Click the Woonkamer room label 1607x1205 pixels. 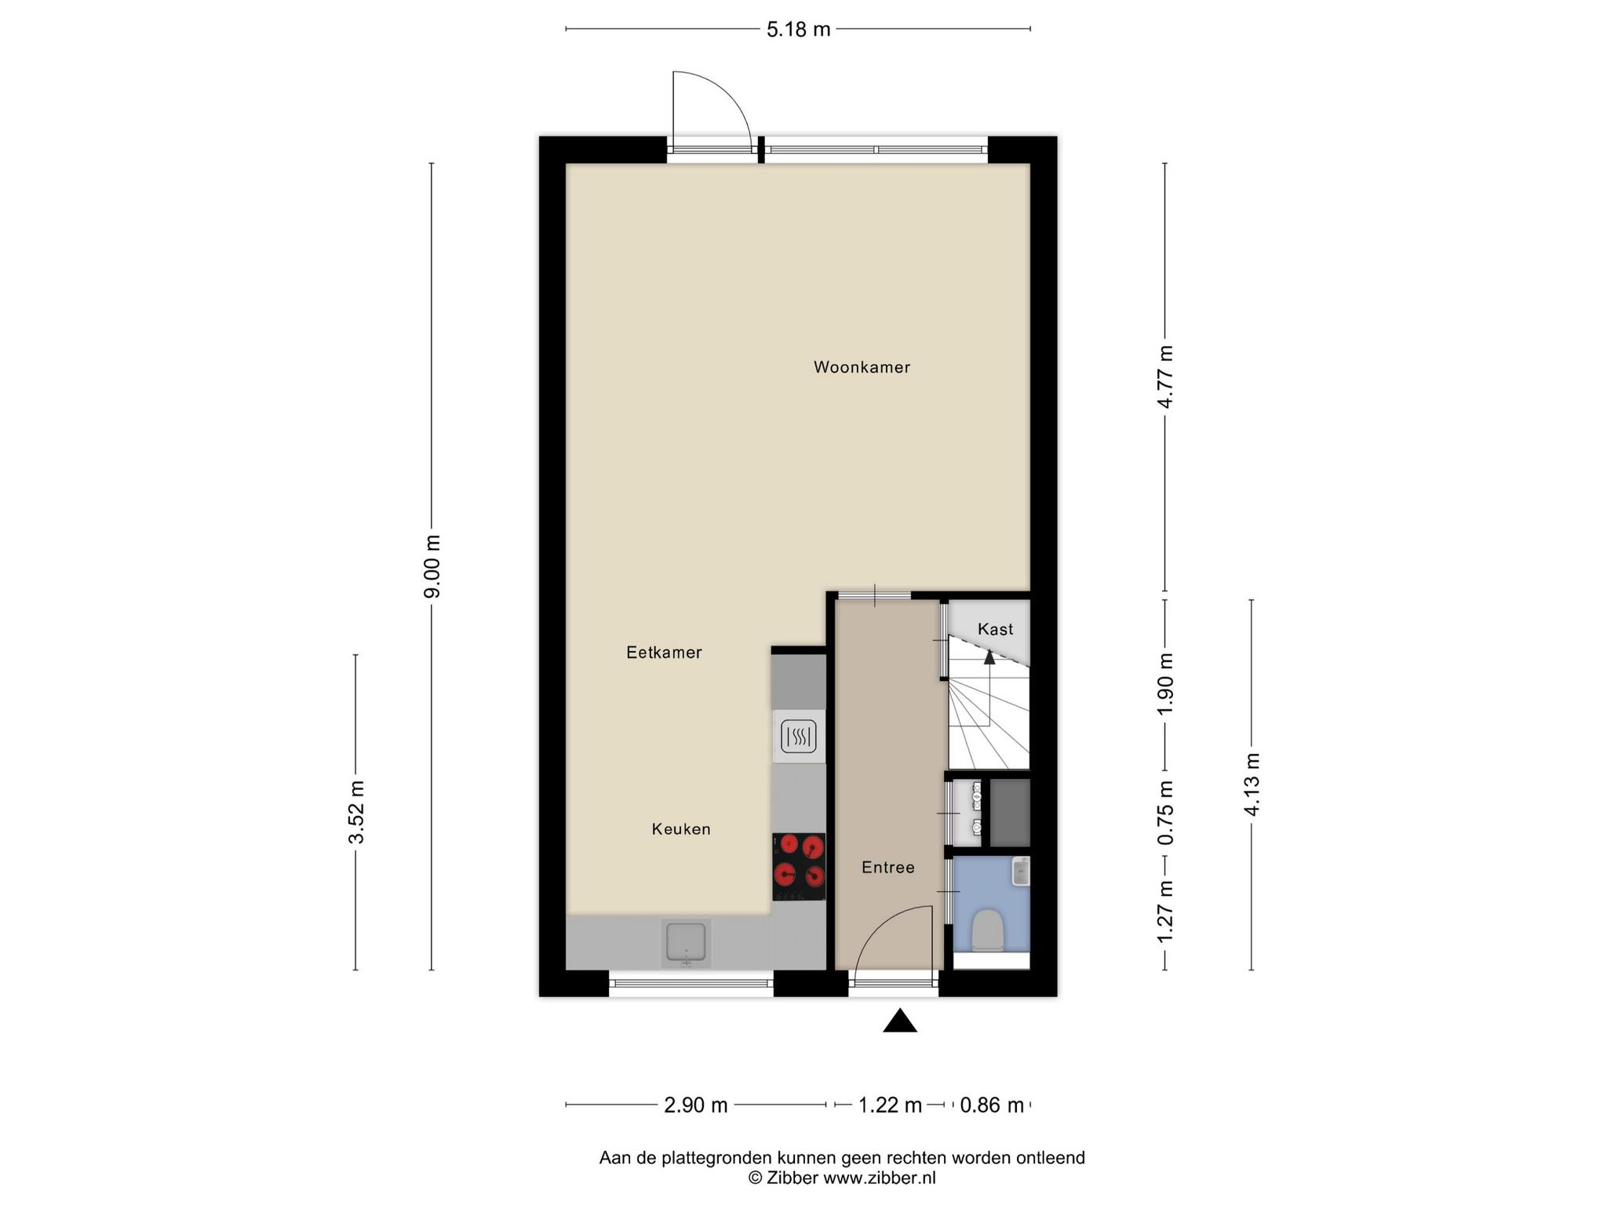tap(862, 367)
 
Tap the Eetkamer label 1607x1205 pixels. tap(664, 652)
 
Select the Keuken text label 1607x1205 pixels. tap(681, 828)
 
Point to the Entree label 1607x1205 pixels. tap(888, 867)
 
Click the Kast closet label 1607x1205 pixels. tap(995, 629)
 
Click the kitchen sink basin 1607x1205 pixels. tap(686, 943)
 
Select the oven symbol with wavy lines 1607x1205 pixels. tap(799, 737)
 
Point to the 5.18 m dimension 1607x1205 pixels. tap(798, 30)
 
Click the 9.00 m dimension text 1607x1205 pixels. tap(432, 566)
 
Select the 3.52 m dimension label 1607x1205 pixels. tap(356, 812)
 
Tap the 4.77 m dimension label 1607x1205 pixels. tap(1165, 377)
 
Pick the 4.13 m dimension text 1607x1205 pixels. tap(1252, 785)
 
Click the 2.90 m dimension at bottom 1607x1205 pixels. tap(696, 1105)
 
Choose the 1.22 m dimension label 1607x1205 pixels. tap(890, 1105)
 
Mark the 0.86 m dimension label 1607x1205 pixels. tap(992, 1105)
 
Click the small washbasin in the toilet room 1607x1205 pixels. tap(1020, 872)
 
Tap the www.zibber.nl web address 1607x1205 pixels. tap(879, 1178)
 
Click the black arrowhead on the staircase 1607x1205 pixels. tap(989, 657)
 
